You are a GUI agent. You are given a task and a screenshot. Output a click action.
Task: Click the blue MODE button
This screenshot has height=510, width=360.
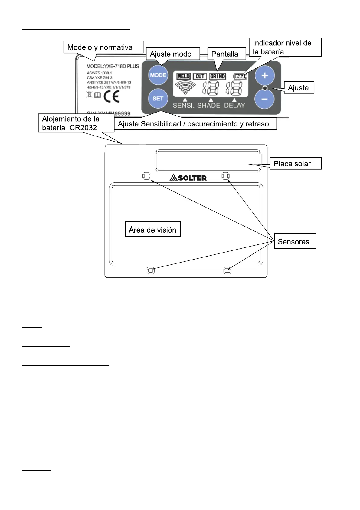(158, 75)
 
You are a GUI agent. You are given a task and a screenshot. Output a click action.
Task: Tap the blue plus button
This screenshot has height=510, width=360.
(264, 75)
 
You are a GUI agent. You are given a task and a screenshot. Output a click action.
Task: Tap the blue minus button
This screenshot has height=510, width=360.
(264, 99)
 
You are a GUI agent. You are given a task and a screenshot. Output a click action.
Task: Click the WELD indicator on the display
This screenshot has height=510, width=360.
(183, 76)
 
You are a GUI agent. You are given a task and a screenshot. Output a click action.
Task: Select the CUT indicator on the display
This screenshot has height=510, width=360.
(200, 76)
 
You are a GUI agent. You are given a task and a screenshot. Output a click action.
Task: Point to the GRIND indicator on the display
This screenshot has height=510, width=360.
(218, 76)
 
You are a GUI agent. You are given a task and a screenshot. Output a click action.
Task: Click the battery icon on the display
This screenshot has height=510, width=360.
(240, 76)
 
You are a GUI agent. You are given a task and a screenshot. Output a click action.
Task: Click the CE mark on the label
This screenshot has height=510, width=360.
(111, 96)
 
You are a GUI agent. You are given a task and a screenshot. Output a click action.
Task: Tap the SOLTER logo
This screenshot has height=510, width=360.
(188, 178)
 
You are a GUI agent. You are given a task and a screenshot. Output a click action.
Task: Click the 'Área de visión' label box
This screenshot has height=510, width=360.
(152, 230)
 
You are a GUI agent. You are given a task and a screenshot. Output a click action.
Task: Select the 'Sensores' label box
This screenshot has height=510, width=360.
(295, 241)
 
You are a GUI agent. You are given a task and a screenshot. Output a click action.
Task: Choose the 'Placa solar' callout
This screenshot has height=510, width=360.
(295, 164)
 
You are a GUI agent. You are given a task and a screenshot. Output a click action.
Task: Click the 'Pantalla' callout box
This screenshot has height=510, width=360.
(226, 54)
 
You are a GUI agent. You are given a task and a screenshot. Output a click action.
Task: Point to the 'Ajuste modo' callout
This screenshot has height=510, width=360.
(172, 54)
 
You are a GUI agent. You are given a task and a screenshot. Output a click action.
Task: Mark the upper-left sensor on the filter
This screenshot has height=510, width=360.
(146, 176)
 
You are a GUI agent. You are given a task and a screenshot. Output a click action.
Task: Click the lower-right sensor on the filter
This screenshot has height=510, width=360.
(227, 270)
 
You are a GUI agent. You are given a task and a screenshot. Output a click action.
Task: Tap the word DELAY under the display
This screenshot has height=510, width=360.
(234, 105)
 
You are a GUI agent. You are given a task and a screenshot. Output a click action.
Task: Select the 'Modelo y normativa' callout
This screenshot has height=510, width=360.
(103, 47)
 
